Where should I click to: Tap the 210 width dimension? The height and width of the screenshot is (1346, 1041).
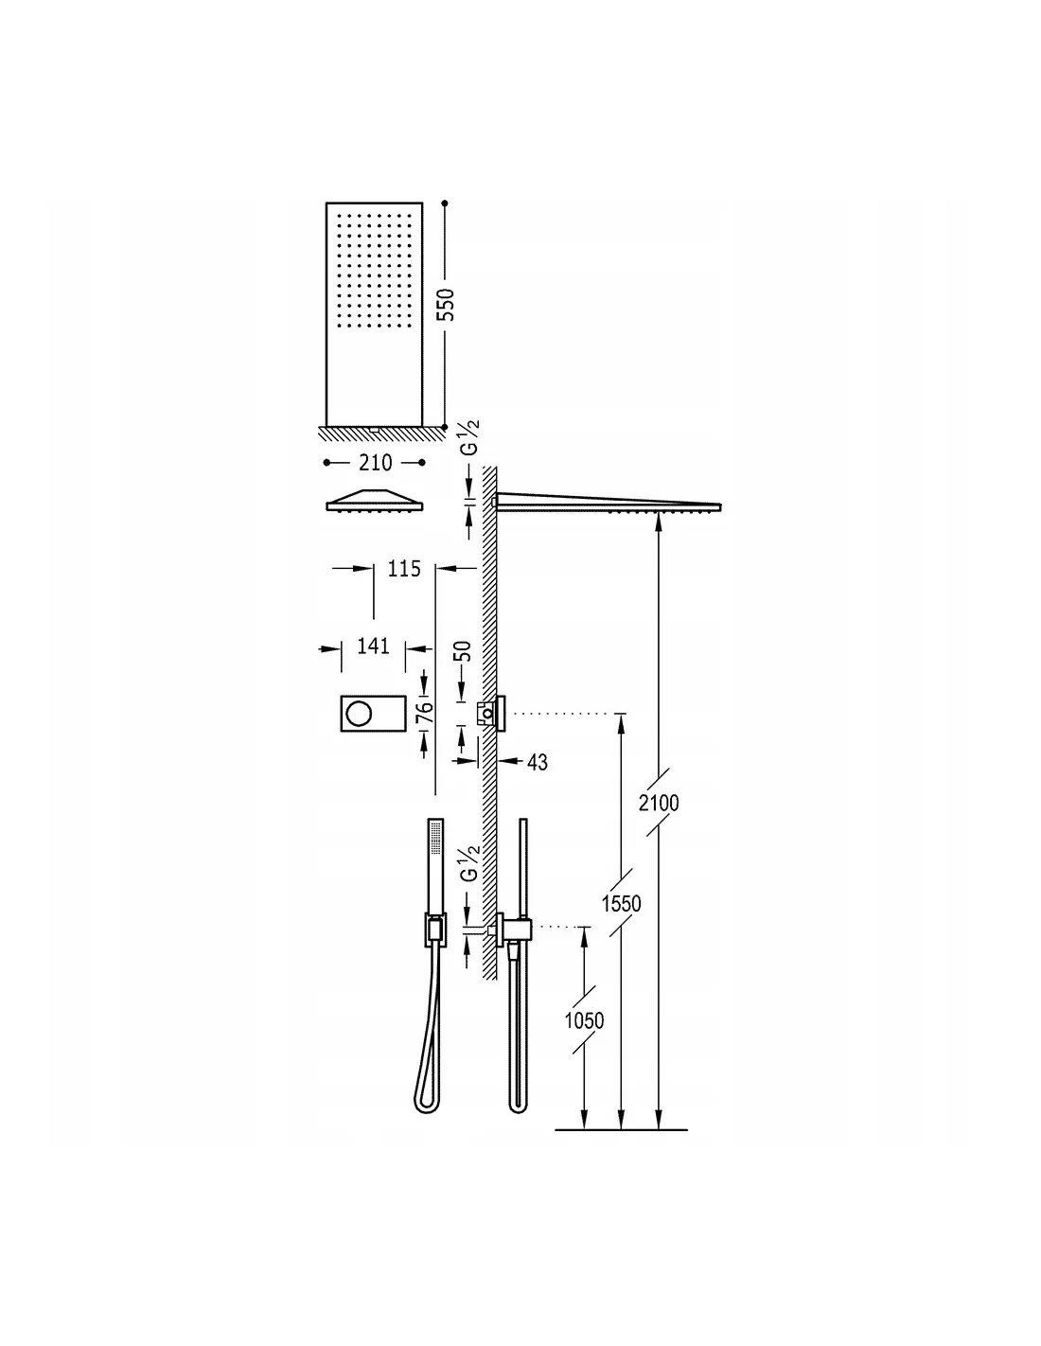pyautogui.click(x=375, y=463)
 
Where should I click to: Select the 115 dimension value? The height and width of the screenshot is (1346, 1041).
pyautogui.click(x=404, y=569)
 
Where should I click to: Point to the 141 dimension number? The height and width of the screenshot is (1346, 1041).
pyautogui.click(x=374, y=646)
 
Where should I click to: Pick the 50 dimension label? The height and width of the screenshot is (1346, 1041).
pyautogui.click(x=463, y=652)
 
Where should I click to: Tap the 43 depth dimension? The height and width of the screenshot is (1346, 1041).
pyautogui.click(x=537, y=761)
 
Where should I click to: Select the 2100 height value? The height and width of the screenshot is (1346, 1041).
pyautogui.click(x=659, y=803)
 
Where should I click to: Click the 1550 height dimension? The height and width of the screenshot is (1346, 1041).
pyautogui.click(x=621, y=903)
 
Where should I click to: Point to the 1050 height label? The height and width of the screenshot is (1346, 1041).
pyautogui.click(x=584, y=1020)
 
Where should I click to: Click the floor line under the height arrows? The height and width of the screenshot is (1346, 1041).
pyautogui.click(x=621, y=1130)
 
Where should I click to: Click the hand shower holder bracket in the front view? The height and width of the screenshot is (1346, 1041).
pyautogui.click(x=433, y=930)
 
